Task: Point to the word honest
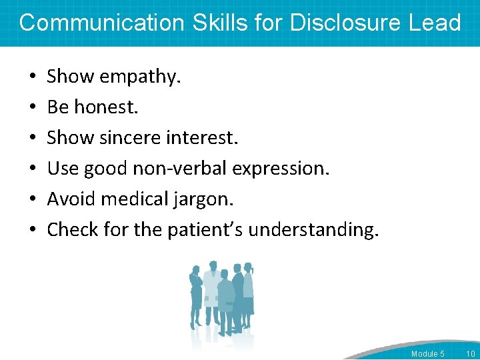tap(110, 107)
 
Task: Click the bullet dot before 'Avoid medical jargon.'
tap(33, 199)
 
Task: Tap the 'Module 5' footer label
tap(428, 353)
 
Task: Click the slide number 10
tap(469, 353)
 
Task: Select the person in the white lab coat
tap(212, 293)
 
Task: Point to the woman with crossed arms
tap(197, 293)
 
